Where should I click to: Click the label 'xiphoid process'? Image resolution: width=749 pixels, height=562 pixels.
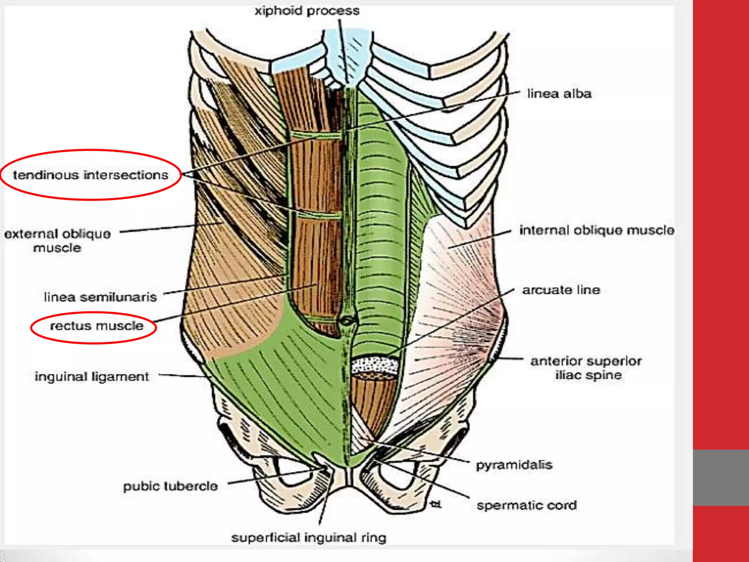[x=307, y=11]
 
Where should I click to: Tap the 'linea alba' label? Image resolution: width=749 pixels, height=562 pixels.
[x=559, y=94]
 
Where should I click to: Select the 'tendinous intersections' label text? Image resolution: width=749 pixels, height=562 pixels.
[x=91, y=175]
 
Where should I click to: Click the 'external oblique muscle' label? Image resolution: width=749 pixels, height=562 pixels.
[x=57, y=240]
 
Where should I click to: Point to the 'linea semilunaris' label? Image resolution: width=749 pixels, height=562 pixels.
[x=100, y=297]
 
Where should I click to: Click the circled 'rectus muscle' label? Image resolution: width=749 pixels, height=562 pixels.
[x=97, y=326]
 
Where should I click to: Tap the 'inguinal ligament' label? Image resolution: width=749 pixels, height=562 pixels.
[x=92, y=376]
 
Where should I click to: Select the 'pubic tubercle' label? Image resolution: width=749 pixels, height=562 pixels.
[x=170, y=486]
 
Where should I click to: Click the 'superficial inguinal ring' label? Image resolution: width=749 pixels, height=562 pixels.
[x=309, y=537]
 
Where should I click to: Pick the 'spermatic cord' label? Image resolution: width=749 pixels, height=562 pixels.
[x=527, y=505]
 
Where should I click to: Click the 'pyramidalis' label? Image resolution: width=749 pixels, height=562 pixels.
[x=514, y=465]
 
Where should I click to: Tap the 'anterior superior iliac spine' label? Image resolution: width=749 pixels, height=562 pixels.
[x=586, y=368]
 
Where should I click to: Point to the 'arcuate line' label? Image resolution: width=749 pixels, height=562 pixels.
[x=561, y=290]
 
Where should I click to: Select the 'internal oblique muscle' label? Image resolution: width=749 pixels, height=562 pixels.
[x=597, y=230]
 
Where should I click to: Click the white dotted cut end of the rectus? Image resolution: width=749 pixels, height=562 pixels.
[x=374, y=365]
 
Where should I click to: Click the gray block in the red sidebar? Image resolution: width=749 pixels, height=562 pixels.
[x=721, y=477]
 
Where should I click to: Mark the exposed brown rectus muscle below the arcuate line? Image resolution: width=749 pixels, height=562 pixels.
[x=373, y=399]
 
